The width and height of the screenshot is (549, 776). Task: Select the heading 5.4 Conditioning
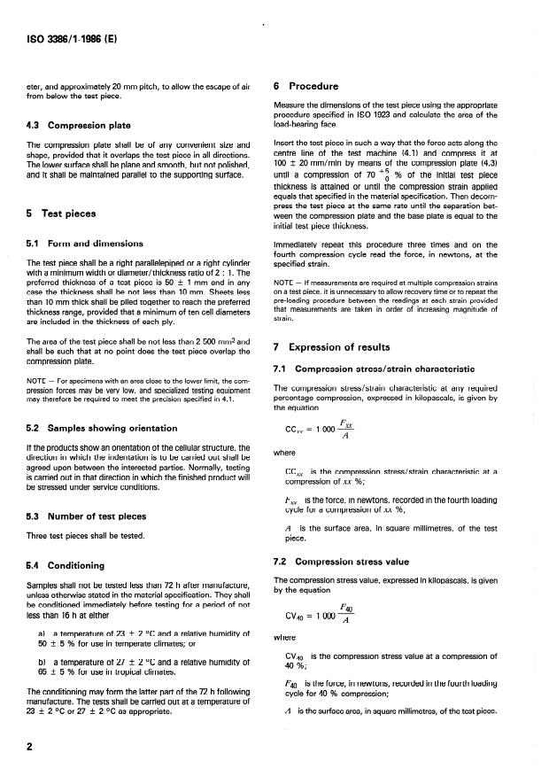[74, 564]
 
